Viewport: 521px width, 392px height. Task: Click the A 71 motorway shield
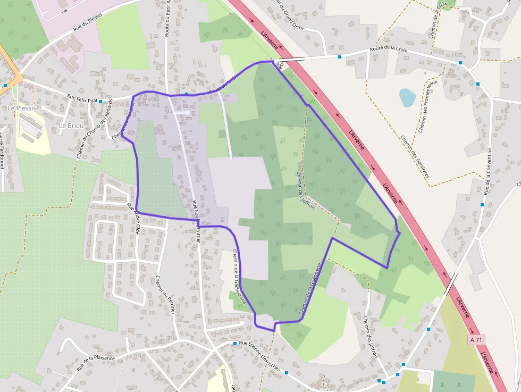pos(477,339)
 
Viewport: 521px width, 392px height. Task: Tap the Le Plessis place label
pos(22,108)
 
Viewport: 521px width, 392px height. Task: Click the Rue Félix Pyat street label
pos(82,98)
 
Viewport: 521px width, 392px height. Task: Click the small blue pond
pos(407,98)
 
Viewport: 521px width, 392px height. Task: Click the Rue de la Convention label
pos(488,170)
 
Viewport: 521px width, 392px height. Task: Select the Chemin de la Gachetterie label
pos(239,277)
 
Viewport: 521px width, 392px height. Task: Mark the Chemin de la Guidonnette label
pos(310,290)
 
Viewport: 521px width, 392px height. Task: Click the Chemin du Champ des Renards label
pos(95,129)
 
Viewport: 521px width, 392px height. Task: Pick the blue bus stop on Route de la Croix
pos(340,57)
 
